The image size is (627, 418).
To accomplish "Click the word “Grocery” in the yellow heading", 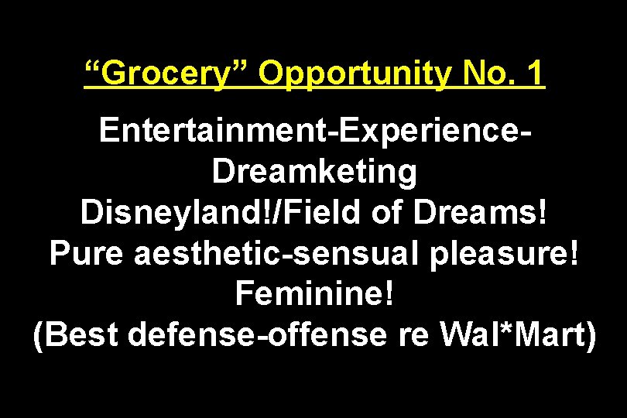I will [x=166, y=75].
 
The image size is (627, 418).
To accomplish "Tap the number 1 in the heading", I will [x=533, y=75].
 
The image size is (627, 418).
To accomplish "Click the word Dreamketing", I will [x=314, y=173].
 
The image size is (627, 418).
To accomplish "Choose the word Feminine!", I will [x=314, y=294].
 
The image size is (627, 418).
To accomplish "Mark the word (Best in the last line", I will [x=74, y=334].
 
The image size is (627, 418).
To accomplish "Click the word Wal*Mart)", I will [x=516, y=334].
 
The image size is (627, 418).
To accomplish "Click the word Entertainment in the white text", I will [x=213, y=132].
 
